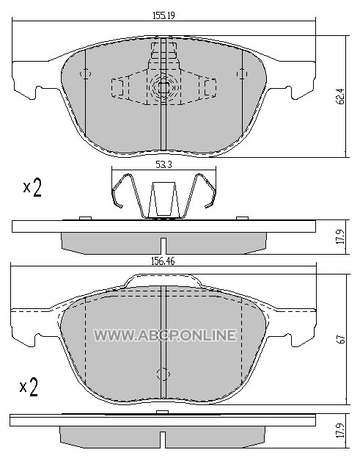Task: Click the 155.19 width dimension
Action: click(164, 15)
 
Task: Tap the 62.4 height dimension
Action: click(342, 96)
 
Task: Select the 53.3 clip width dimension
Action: click(164, 165)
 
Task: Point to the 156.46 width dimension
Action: click(163, 261)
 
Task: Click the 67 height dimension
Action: click(342, 339)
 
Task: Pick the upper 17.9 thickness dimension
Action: click(342, 237)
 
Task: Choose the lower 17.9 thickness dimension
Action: click(342, 431)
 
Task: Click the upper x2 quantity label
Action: click(32, 187)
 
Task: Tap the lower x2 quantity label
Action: click(29, 387)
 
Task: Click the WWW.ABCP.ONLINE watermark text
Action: click(165, 335)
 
